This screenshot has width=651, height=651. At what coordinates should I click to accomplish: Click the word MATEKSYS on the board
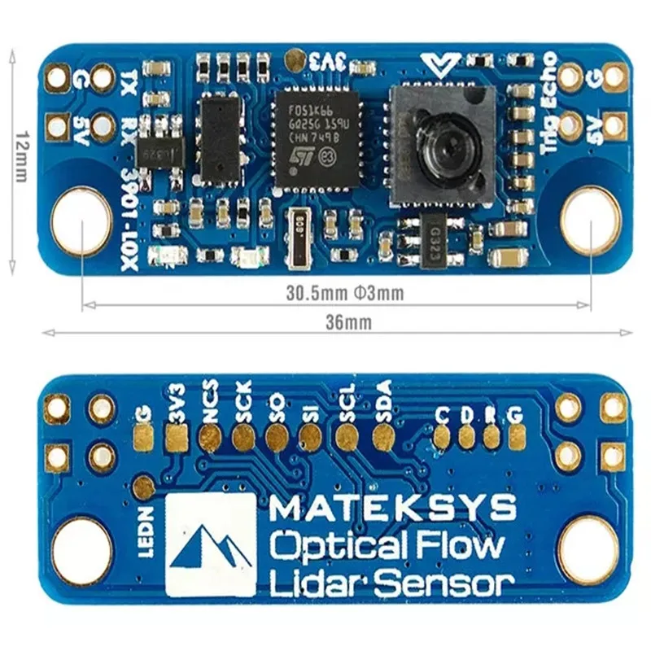point(392,510)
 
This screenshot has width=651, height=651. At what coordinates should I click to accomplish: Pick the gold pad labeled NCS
point(210,439)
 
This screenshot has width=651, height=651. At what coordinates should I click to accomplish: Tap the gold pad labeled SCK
point(242,439)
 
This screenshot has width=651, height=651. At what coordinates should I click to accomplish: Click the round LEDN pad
point(144,487)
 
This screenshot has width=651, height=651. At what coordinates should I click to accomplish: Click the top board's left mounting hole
point(81,218)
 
